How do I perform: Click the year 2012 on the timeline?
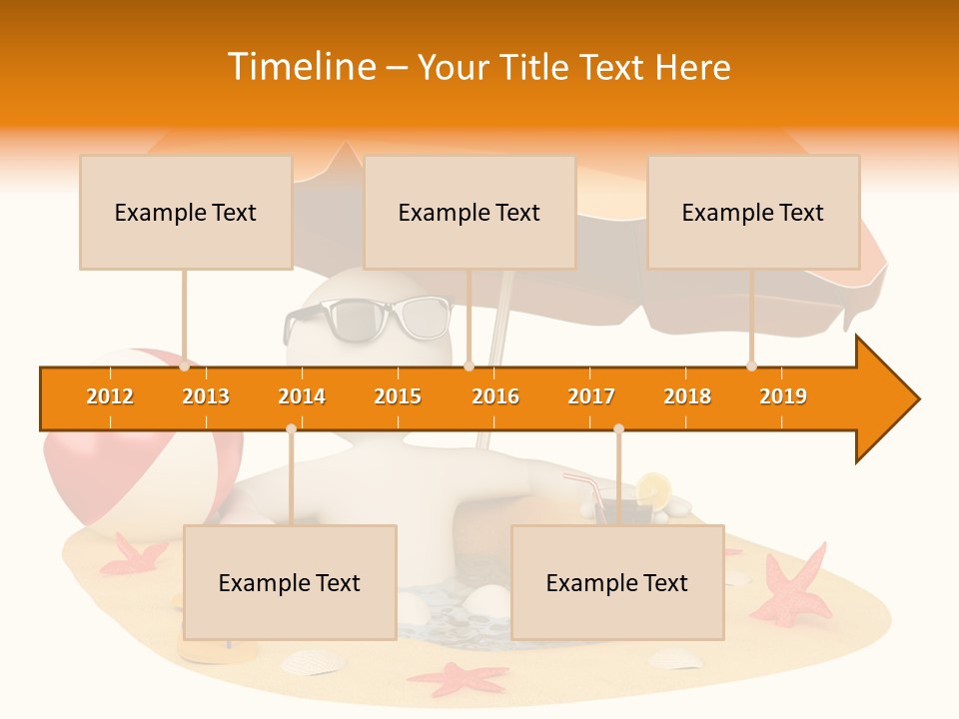point(110,396)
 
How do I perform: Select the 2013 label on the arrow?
point(206,396)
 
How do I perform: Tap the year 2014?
point(302,396)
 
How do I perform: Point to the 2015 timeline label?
point(398,396)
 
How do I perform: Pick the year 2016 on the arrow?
point(495,396)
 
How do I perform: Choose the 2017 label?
point(591,396)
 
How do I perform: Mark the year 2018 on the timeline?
point(687,396)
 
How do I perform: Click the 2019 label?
point(783,396)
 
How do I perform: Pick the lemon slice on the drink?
point(655,488)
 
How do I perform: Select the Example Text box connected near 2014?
point(290,582)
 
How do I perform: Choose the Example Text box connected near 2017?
point(617,582)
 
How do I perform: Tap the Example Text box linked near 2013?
point(186,212)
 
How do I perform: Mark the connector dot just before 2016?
point(469,366)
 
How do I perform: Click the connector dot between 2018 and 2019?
point(751,366)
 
